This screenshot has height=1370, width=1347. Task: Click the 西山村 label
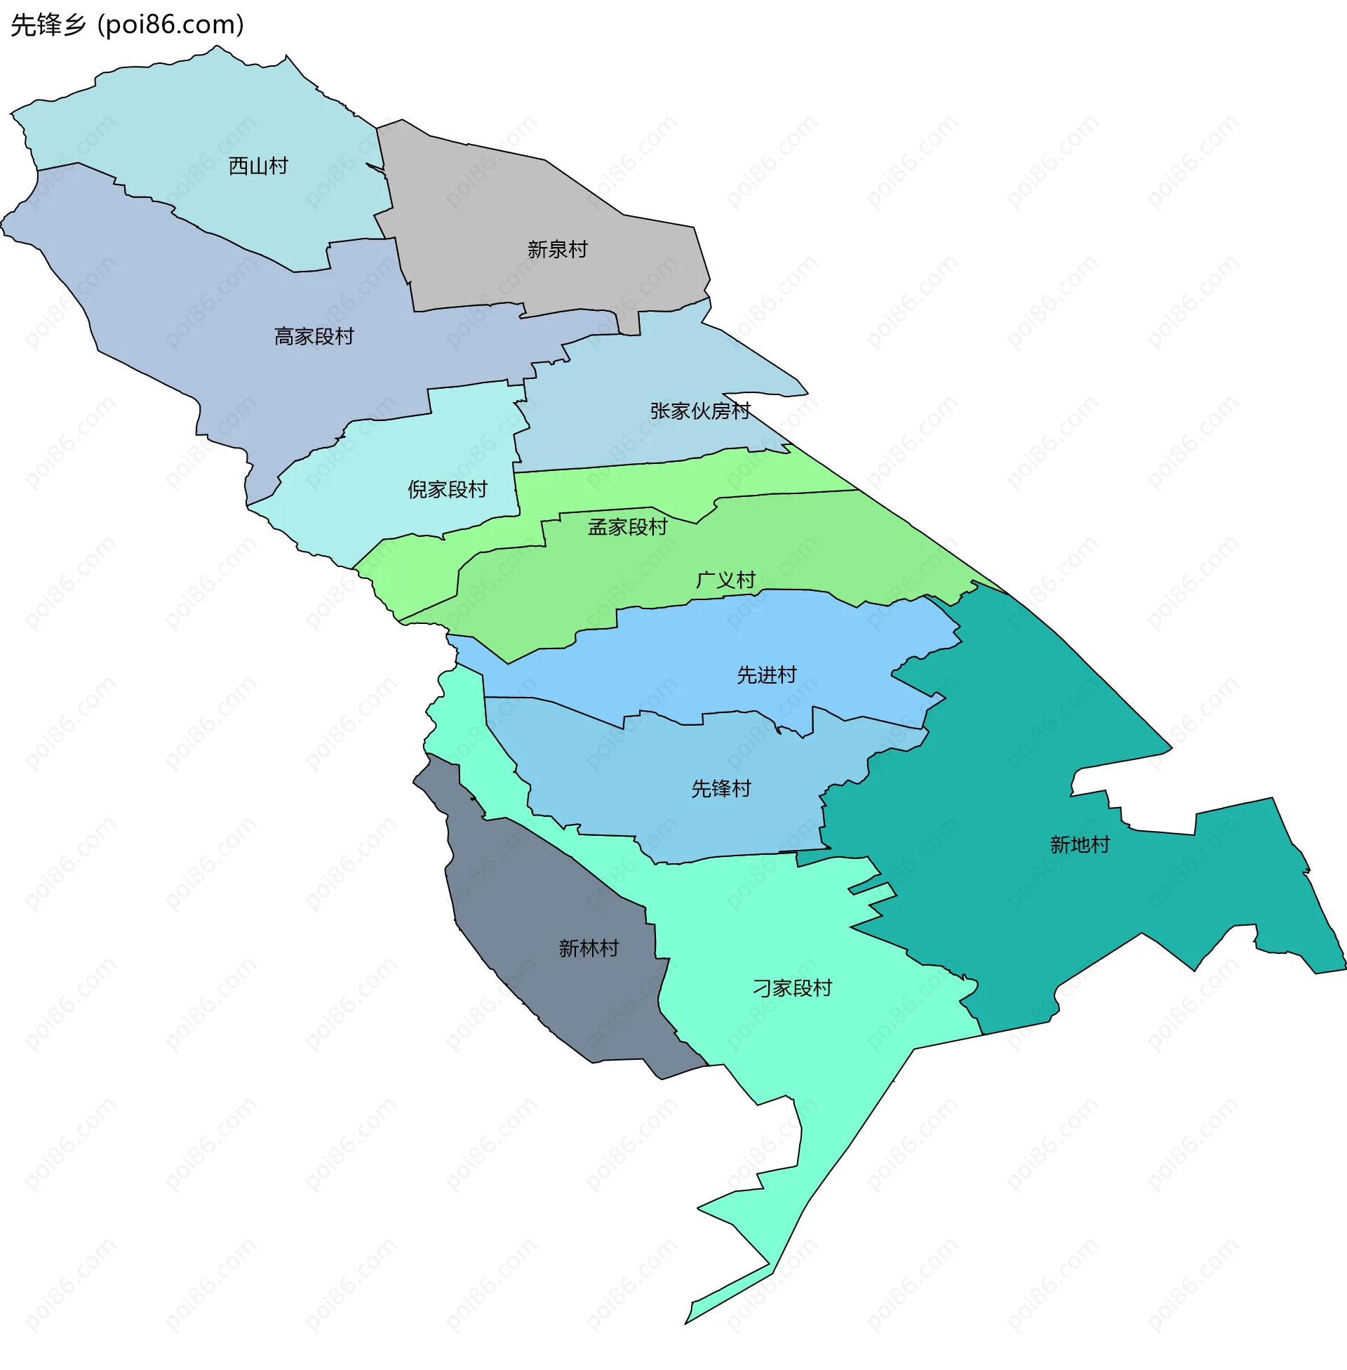tap(258, 166)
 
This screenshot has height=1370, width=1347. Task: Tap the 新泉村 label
tap(558, 250)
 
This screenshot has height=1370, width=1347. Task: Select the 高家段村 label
tap(314, 337)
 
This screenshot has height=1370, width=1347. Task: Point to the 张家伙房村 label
tap(699, 411)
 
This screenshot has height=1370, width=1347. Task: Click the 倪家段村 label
tap(447, 490)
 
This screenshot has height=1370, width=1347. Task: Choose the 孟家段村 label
tap(627, 527)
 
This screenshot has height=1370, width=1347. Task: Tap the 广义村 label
tap(726, 580)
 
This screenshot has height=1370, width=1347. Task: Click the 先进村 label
tap(767, 675)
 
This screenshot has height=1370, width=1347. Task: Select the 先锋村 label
tap(721, 789)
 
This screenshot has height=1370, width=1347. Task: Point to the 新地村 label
tap(1080, 845)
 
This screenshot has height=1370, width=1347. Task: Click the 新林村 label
tap(589, 948)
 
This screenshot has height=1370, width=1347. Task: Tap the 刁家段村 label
tap(792, 989)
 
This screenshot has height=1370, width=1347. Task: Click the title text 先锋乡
tap(48, 25)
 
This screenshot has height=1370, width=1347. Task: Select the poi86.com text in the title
tap(170, 25)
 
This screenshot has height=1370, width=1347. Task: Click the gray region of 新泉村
tap(495, 212)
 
